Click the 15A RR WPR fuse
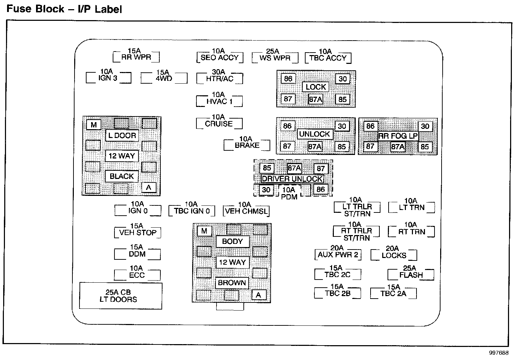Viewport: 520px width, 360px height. [x=136, y=56]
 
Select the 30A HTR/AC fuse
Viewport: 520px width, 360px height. [x=220, y=78]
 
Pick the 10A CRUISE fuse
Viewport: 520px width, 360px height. [x=219, y=123]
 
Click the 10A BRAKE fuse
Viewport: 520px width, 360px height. [x=247, y=145]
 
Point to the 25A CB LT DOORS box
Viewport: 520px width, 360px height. [x=121, y=296]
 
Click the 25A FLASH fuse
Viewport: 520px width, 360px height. [x=411, y=274]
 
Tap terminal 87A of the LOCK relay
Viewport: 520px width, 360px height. [x=315, y=99]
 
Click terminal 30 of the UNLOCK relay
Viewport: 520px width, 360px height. [x=342, y=126]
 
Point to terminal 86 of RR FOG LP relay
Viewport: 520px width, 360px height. [x=370, y=126]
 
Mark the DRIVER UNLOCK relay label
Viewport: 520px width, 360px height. [x=292, y=179]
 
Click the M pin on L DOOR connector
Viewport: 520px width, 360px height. [x=94, y=125]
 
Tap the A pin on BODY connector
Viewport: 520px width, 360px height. [x=259, y=295]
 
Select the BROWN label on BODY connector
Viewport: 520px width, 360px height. [x=232, y=283]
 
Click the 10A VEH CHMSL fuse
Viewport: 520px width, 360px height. [x=246, y=211]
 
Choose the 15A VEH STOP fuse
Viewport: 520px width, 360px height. [x=137, y=232]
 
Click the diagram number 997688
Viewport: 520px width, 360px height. [x=499, y=353]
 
